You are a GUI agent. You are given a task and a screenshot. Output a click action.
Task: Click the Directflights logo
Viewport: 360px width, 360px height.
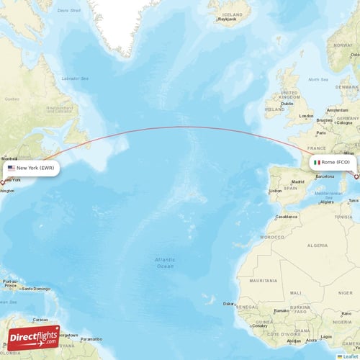pos(34,337)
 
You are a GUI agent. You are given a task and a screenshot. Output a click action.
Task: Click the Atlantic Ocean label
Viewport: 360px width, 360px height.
pos(165,263)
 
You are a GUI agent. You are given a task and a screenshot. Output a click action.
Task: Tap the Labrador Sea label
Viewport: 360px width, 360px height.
pos(74,78)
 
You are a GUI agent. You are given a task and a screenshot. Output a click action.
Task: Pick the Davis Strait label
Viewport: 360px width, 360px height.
pos(69,11)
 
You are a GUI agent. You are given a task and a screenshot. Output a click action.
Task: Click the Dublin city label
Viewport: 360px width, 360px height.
pos(287,103)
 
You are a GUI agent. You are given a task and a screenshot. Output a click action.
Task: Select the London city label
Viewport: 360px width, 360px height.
pos(307,116)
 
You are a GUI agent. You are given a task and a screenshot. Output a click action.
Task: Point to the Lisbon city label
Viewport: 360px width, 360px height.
pos(274,191)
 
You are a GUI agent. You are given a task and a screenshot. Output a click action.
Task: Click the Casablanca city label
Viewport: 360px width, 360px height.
pos(287,216)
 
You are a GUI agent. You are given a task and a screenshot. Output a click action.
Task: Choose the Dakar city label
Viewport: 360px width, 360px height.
pos(230,304)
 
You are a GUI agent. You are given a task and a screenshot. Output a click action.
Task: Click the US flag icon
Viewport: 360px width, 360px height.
pos(12,168)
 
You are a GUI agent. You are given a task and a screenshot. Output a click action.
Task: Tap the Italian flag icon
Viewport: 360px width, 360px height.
pos(317,163)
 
